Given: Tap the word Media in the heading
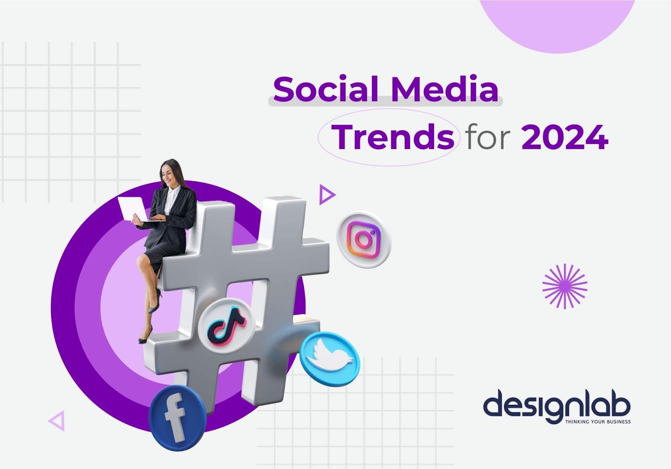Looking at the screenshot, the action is click(445, 89).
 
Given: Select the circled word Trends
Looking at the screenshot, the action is click(393, 137).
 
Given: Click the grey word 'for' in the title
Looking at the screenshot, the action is click(488, 137).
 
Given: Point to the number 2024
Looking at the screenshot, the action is click(565, 137).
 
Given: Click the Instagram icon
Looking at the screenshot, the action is click(364, 240).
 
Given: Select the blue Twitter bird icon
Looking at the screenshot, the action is click(330, 359).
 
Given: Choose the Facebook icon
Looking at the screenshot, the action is click(177, 418).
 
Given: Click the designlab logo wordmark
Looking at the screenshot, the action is click(557, 406).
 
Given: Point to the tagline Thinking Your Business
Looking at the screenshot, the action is click(598, 422).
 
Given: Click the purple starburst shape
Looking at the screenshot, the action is click(564, 286).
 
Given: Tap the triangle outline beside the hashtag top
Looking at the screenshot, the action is click(327, 195).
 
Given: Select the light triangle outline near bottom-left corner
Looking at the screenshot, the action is click(57, 421).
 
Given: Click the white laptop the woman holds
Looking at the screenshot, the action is click(133, 209).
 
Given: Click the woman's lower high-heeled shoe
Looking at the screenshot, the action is click(145, 336).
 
